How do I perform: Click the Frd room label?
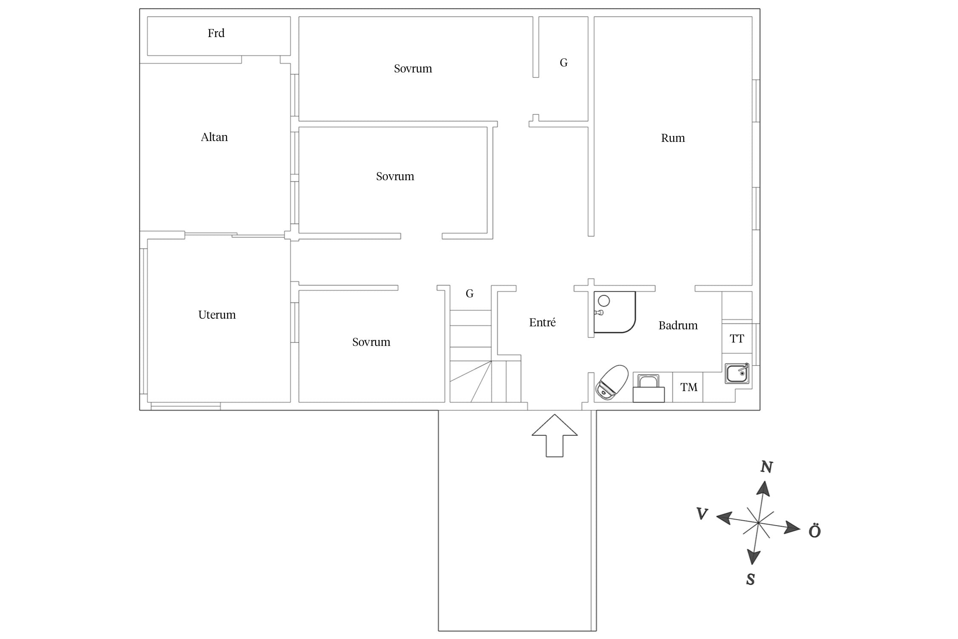coord(216,33)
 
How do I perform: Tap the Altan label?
coord(214,137)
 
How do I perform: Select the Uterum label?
coord(217,315)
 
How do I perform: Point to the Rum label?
coord(673,138)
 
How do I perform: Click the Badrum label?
coord(678,325)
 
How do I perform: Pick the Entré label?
coord(542,322)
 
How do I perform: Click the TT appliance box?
coord(737,339)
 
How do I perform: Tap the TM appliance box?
coord(688,387)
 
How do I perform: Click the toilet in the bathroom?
coord(612,383)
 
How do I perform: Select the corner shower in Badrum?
coord(614,312)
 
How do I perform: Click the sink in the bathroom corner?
coord(737,374)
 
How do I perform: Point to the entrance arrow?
coord(554,435)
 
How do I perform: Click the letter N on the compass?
coord(766,467)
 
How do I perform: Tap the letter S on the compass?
coord(751,579)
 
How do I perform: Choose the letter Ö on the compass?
coord(815,530)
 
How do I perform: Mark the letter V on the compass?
coord(702,514)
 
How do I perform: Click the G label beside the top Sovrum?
coord(563,63)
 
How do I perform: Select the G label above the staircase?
coord(469,294)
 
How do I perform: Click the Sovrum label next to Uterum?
coord(371,342)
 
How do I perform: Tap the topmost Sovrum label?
coord(413,69)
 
